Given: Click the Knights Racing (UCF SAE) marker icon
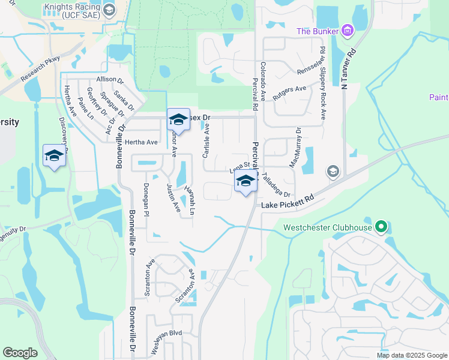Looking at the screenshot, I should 109,10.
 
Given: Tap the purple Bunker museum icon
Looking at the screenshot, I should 346,30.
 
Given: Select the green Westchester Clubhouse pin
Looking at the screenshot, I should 380,227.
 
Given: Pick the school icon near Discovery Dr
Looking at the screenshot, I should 54,155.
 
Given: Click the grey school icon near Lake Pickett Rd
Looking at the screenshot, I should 332,172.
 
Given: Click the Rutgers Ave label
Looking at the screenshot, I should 289,92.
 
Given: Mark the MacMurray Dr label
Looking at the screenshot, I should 295,148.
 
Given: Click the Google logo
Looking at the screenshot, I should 20,353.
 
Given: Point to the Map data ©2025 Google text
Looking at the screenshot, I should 411,355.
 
